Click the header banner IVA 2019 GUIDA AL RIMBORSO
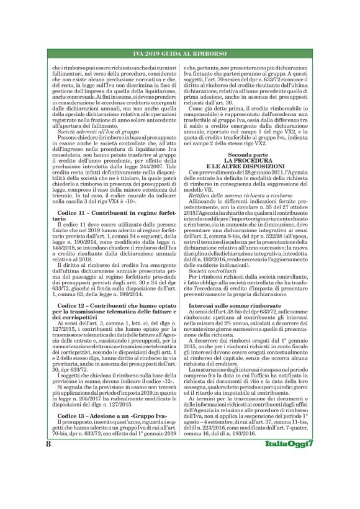(x=180, y=53)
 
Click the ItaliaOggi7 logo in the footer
(x=304, y=480)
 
